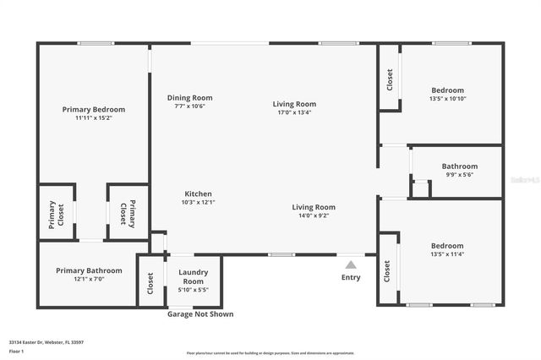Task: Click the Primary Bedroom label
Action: [94, 109]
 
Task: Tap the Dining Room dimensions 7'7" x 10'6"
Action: [189, 106]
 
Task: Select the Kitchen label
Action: [198, 194]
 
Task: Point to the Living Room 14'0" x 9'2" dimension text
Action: [314, 215]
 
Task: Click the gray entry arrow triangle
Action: [350, 265]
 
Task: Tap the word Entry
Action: [350, 277]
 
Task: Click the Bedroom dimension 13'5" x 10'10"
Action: [447, 98]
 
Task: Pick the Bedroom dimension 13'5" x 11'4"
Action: [447, 254]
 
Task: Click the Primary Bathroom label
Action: [89, 270]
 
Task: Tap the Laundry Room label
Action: [193, 276]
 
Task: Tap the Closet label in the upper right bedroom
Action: [390, 80]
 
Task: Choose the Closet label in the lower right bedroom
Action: [387, 270]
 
